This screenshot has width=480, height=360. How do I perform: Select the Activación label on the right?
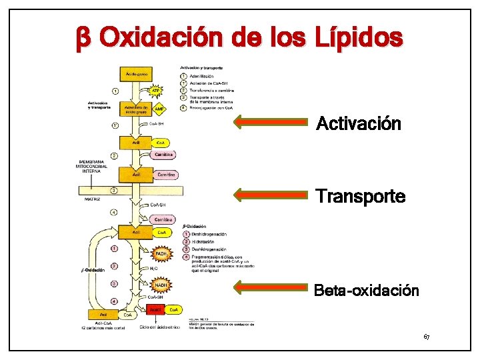(358, 124)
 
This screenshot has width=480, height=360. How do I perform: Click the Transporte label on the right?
(360, 197)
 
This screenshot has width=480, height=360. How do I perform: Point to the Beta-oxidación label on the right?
(366, 291)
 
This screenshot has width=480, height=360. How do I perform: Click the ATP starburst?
(157, 89)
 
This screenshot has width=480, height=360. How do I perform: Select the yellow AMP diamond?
(159, 108)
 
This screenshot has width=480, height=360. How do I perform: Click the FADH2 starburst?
(161, 254)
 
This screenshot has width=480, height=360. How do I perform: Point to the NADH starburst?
(161, 285)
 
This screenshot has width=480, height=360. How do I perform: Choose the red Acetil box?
(155, 309)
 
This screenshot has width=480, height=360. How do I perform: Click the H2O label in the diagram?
(153, 269)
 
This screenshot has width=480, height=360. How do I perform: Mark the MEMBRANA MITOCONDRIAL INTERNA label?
(94, 166)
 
